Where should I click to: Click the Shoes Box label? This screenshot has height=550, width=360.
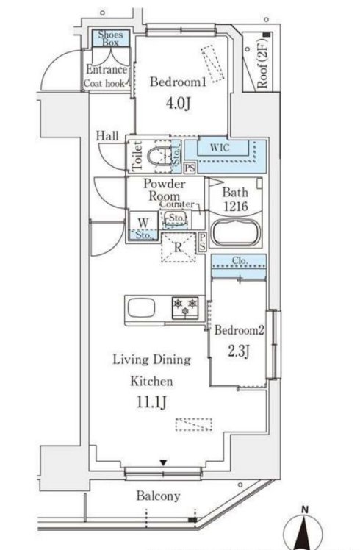pos(110,38)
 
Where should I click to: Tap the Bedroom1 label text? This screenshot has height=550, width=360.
pos(178,82)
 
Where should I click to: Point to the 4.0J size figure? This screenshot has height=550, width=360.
pos(179,104)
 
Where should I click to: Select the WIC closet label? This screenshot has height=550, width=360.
pos(220,147)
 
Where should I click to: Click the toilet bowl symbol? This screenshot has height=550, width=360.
pos(159,157)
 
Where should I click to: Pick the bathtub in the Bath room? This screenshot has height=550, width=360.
pos(237,232)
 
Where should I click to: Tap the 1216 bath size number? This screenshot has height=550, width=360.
pos(236,206)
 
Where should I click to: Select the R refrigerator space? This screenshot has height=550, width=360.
pos(179,247)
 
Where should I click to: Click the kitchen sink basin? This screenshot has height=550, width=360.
pos(141,308)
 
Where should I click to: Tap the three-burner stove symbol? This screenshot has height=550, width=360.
pos(185,307)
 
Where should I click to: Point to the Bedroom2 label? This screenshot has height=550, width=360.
pos(239,330)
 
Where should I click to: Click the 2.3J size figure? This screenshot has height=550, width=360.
pos(238,351)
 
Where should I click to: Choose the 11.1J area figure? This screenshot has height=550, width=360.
pos(151,402)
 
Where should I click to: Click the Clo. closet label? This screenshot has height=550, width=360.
pos(240,260)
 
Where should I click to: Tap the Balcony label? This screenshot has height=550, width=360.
pos(158,496)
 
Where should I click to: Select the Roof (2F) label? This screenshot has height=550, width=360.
pos(263,63)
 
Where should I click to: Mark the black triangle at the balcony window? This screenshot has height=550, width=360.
pos(163,463)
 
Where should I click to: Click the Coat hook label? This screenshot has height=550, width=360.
pos(104,84)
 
